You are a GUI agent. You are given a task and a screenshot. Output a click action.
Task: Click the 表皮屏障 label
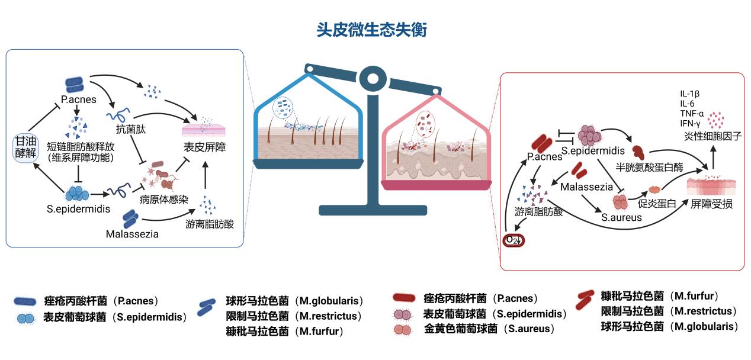[203, 147]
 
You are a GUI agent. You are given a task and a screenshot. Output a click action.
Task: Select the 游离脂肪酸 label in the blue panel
[210, 224]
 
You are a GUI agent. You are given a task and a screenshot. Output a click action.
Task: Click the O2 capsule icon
[513, 240]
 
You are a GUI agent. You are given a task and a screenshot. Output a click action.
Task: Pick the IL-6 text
[687, 104]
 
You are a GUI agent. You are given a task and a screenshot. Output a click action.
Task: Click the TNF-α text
[692, 113]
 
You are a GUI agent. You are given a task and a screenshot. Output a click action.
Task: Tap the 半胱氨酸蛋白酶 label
[649, 168]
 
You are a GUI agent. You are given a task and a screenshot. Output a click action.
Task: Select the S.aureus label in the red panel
[621, 217]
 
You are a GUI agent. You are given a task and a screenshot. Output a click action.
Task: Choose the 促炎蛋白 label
[657, 204]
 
